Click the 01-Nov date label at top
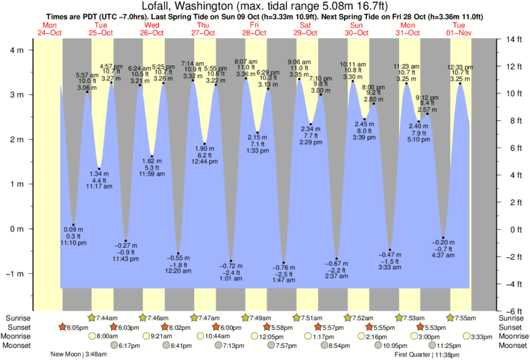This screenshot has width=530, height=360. pos(459,32)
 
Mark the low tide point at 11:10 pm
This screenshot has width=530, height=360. pos(74,225)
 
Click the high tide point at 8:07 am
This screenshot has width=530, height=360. pos(246,78)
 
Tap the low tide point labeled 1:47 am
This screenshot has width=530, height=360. pos(283,262)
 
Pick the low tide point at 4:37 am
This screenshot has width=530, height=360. pos(443,238)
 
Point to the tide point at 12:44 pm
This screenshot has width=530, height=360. pos(205,144)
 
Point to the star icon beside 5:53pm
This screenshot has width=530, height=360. pos(420,327)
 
